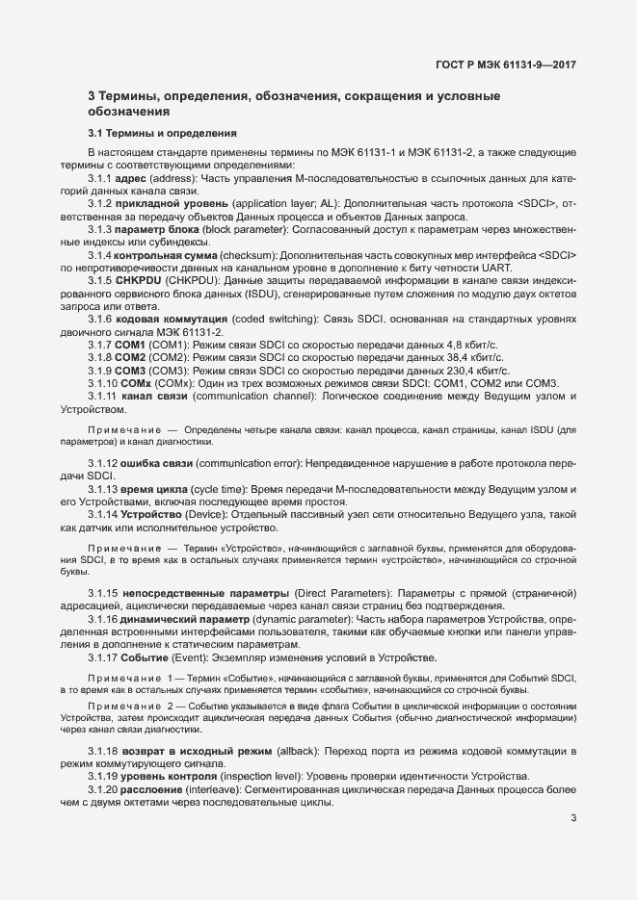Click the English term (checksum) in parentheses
click(x=244, y=254)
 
